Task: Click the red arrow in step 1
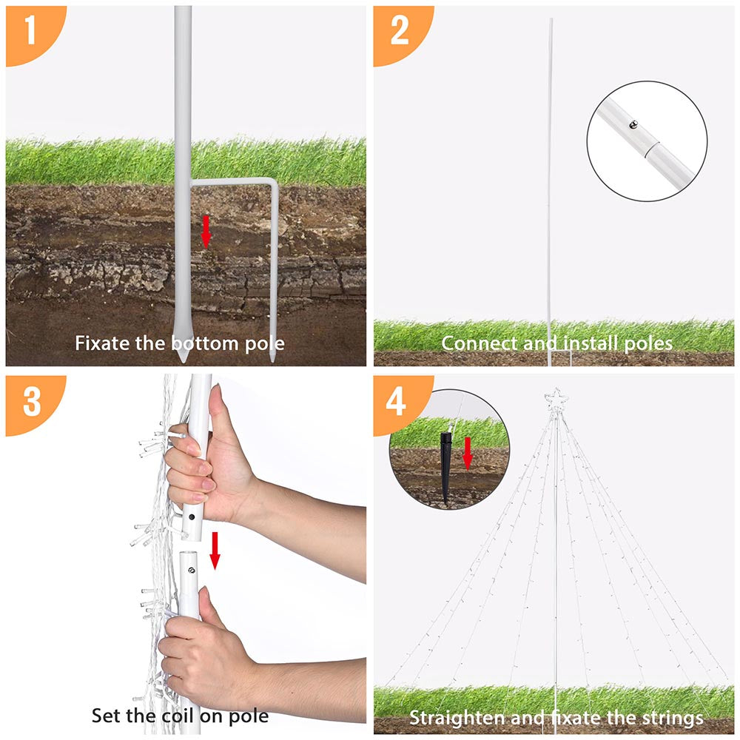[x=206, y=232]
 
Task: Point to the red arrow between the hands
[x=215, y=551]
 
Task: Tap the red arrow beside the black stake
[x=467, y=454]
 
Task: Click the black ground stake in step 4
[x=446, y=467]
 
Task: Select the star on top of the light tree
[x=556, y=400]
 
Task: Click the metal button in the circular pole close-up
[x=633, y=124]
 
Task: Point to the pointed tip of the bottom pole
[x=182, y=361]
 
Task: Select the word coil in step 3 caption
[x=178, y=716]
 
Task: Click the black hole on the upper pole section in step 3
[x=192, y=517]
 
